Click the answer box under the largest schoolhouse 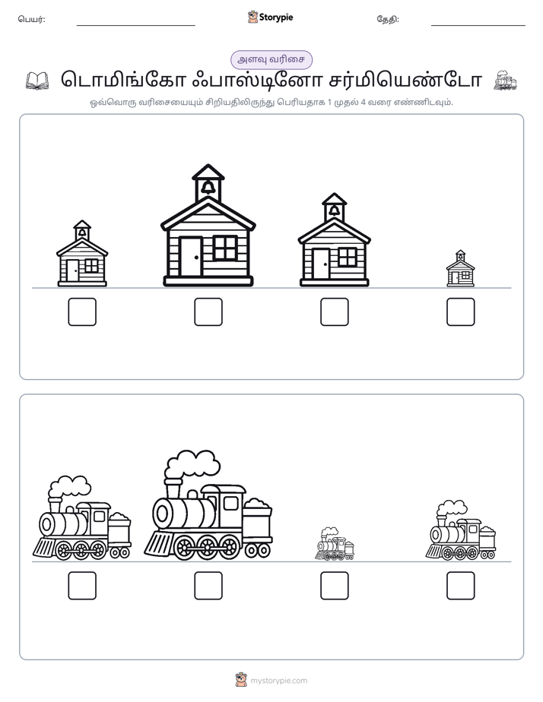208,311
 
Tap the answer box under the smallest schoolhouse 461,311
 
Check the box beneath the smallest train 334,586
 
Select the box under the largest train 208,586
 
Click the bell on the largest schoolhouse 208,187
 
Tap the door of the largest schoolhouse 191,257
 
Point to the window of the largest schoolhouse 225,248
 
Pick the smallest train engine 334,544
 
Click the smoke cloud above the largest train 192,466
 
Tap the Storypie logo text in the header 276,17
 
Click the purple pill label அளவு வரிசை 271,59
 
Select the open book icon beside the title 37,81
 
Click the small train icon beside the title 505,81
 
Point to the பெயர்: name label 31,19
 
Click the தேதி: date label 388,19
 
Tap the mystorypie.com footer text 278,681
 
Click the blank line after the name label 135,26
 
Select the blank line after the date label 478,26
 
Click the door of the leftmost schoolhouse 72,270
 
